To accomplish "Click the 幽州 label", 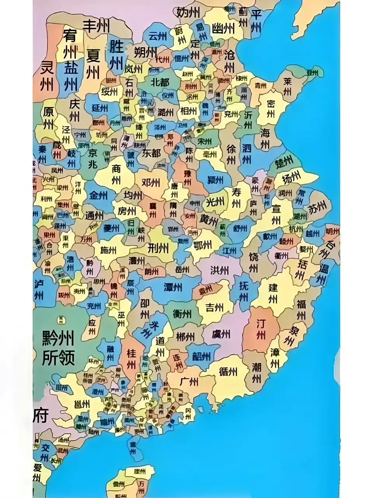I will point(223,28).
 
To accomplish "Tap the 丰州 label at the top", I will point(96,26).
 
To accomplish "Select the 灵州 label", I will point(47,76).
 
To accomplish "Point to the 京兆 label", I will point(92,158).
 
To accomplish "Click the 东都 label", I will point(151,153).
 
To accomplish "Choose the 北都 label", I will point(159,82).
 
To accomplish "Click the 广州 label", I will point(189,382).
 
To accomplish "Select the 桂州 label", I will point(131,358).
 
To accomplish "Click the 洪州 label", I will point(220,270).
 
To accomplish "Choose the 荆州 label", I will point(158,247).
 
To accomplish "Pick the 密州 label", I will point(271,109).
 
